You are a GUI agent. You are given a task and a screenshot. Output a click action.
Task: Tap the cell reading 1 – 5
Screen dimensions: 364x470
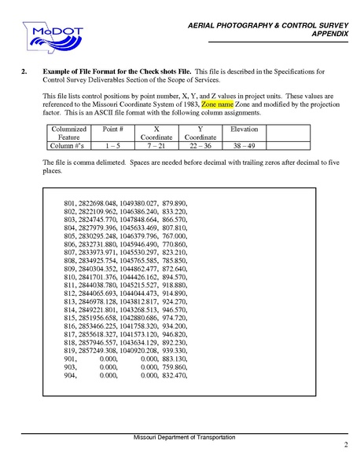[113, 145]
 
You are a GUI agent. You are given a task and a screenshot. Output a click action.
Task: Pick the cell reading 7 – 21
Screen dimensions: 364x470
[156, 145]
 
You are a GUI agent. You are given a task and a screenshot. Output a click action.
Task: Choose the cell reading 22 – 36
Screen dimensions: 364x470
[200, 145]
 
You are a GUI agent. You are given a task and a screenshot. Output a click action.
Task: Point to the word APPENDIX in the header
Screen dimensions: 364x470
[330, 35]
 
